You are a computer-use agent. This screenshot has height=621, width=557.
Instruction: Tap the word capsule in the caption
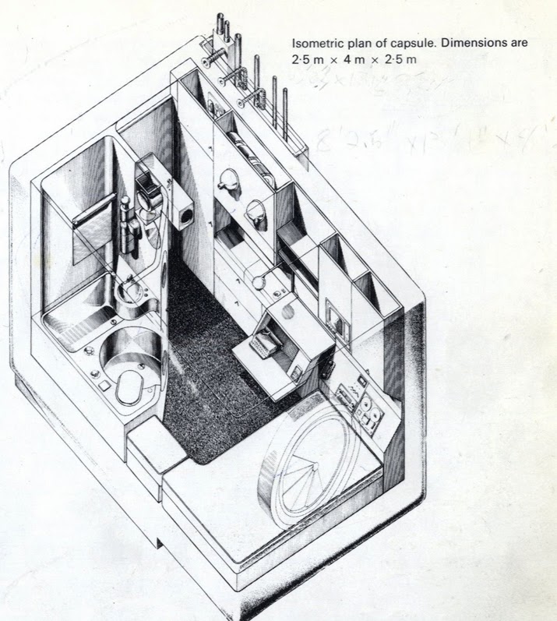coord(409,44)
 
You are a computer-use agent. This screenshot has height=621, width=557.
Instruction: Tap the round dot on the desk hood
coord(287,314)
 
